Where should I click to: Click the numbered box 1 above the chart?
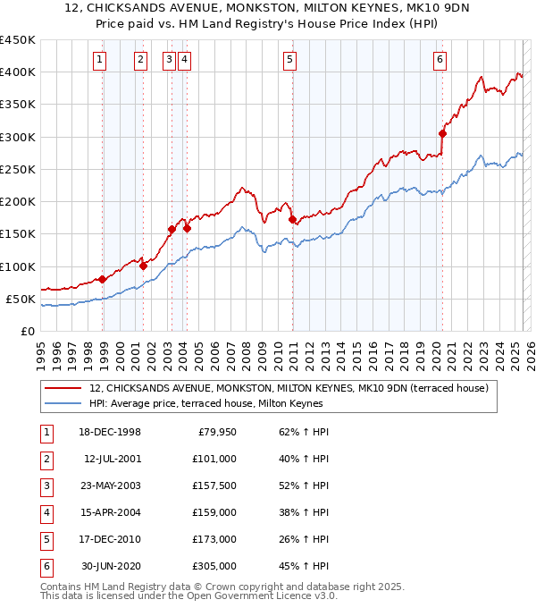pyautogui.click(x=99, y=60)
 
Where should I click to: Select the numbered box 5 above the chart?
pyautogui.click(x=291, y=60)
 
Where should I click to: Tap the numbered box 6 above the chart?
pyautogui.click(x=440, y=60)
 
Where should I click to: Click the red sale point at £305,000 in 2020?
pyautogui.click(x=442, y=134)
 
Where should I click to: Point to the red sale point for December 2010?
pyautogui.click(x=292, y=219)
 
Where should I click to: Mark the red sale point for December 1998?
pyautogui.click(x=103, y=279)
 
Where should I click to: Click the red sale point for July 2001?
pyautogui.click(x=143, y=266)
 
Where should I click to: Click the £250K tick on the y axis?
pyautogui.click(x=19, y=169)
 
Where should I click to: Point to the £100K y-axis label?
pyautogui.click(x=19, y=266)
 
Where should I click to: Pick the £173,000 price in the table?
pyautogui.click(x=215, y=539)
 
